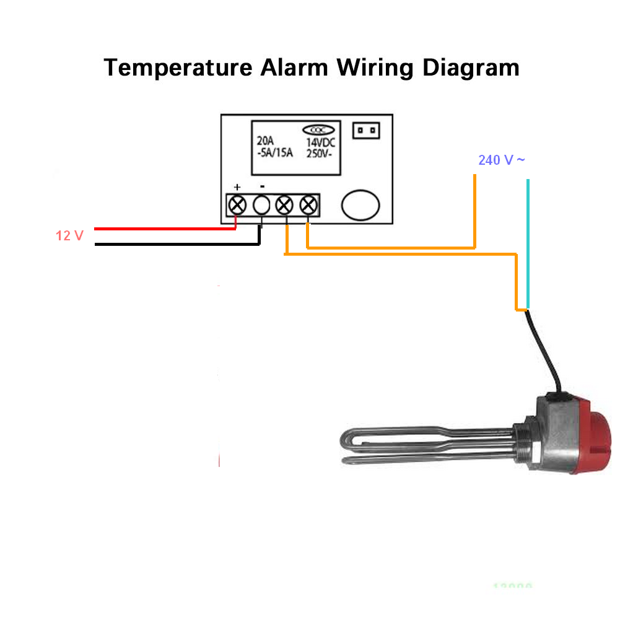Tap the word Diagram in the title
tap(471, 67)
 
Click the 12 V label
tap(69, 236)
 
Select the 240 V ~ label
tap(502, 160)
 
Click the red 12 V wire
tap(161, 229)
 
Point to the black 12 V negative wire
tap(173, 244)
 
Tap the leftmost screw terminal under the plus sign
tap(237, 204)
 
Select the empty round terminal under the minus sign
tap(262, 204)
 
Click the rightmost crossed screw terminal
tap(308, 204)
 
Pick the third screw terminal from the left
tap(285, 204)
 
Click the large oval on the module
tap(361, 204)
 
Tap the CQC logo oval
tap(318, 130)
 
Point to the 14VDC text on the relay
tap(320, 142)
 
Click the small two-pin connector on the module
tap(366, 131)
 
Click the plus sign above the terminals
tap(237, 186)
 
